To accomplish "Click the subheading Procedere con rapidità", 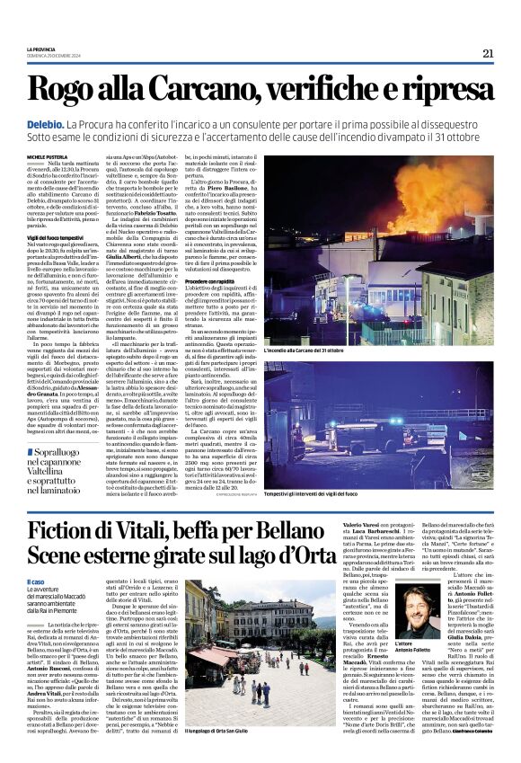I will pyautogui.click(x=216, y=281).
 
